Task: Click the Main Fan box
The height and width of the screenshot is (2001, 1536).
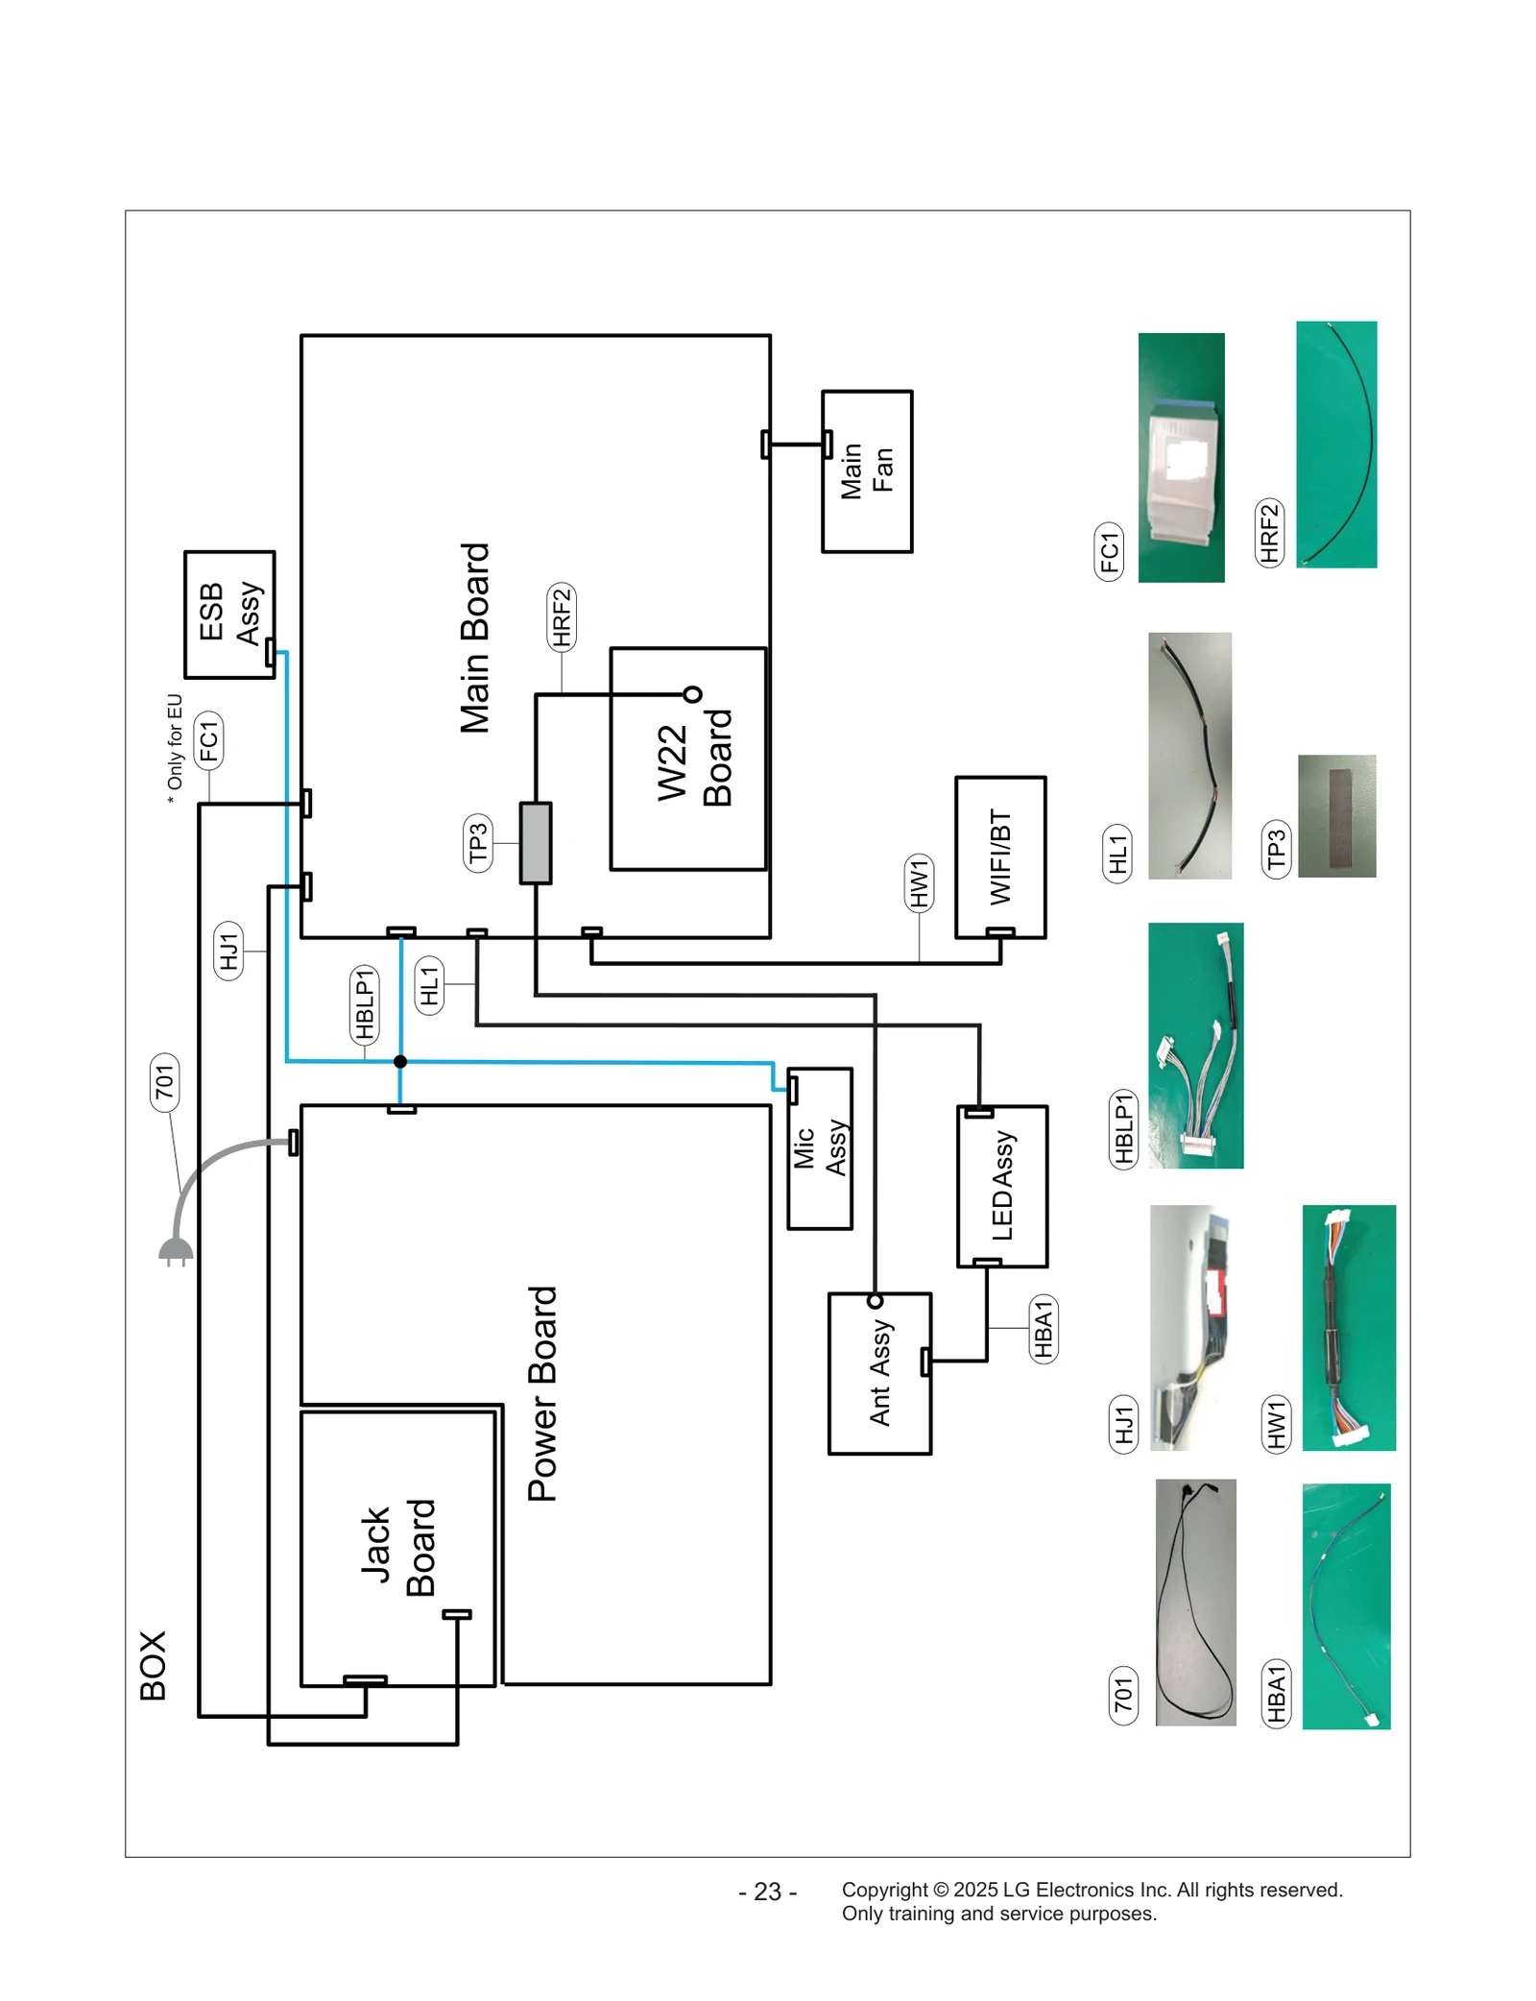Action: [866, 470]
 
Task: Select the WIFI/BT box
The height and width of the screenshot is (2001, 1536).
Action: [1000, 856]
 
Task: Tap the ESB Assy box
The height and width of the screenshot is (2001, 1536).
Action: [229, 614]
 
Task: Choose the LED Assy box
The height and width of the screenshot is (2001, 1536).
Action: [1002, 1186]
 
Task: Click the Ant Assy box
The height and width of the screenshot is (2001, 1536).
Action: [879, 1372]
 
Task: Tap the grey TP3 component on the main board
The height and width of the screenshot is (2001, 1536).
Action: [536, 842]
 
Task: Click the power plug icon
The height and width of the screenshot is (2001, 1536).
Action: [176, 1250]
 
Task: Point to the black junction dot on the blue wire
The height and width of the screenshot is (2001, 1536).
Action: [400, 1061]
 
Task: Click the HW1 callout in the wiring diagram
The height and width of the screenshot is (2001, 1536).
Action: [919, 880]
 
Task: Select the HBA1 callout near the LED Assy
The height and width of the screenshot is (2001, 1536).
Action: [1043, 1328]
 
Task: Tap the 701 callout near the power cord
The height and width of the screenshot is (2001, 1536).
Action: [164, 1081]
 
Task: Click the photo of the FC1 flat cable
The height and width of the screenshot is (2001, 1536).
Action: [1181, 457]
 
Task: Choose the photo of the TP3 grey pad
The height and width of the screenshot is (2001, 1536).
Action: [1336, 815]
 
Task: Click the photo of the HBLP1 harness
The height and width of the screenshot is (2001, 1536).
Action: [1195, 1045]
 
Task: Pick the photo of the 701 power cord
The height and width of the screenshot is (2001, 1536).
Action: [1195, 1602]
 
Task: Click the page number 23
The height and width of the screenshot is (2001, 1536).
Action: [767, 1891]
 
